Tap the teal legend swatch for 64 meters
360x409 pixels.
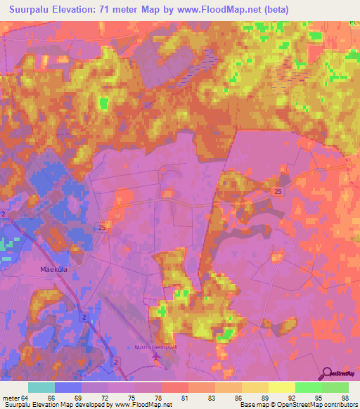point(41,387)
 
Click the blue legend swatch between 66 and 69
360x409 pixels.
point(67,387)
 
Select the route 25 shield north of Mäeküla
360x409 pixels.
point(102,227)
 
